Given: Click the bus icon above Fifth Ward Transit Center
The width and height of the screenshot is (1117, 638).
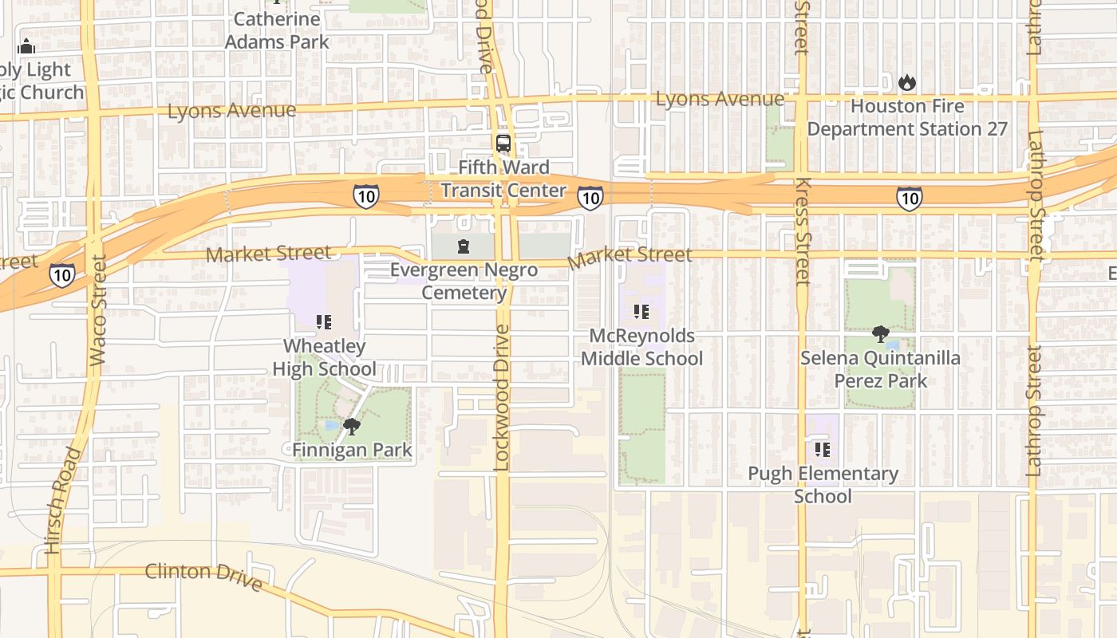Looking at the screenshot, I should coord(503,144).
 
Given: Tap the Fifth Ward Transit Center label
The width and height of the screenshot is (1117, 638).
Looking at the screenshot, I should coord(503,179).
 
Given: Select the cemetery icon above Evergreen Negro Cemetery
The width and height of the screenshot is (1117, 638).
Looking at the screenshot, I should coord(464,246).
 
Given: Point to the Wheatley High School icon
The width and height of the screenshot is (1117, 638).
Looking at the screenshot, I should coord(324,322).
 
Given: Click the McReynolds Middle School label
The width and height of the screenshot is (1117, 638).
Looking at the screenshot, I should coord(641,347).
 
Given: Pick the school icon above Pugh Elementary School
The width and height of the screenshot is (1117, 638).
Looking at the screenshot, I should coord(823,450).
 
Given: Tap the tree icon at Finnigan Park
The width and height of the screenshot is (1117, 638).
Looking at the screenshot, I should coord(351,427).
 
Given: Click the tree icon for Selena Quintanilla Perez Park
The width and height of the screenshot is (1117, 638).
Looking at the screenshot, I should coord(881,333).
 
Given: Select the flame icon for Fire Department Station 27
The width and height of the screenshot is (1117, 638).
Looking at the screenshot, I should coord(907,82).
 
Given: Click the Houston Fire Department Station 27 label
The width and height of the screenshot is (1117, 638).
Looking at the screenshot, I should coord(907,117).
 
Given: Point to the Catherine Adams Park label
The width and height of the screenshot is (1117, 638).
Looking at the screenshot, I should coord(277,30).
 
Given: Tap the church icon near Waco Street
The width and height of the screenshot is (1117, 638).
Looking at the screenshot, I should coord(26,46).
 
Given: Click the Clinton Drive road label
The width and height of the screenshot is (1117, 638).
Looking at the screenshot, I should coord(203,577).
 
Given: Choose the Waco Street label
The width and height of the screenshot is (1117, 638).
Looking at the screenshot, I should coord(98,310).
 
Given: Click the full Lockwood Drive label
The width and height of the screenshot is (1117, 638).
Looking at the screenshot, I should coord(501,397).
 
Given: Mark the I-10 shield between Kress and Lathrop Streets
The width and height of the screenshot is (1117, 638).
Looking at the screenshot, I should coord(909,198).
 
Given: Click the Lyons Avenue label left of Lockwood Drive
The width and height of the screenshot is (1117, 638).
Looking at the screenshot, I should coord(231,110).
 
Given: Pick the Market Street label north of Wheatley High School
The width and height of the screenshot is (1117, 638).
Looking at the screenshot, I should coord(268,254).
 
